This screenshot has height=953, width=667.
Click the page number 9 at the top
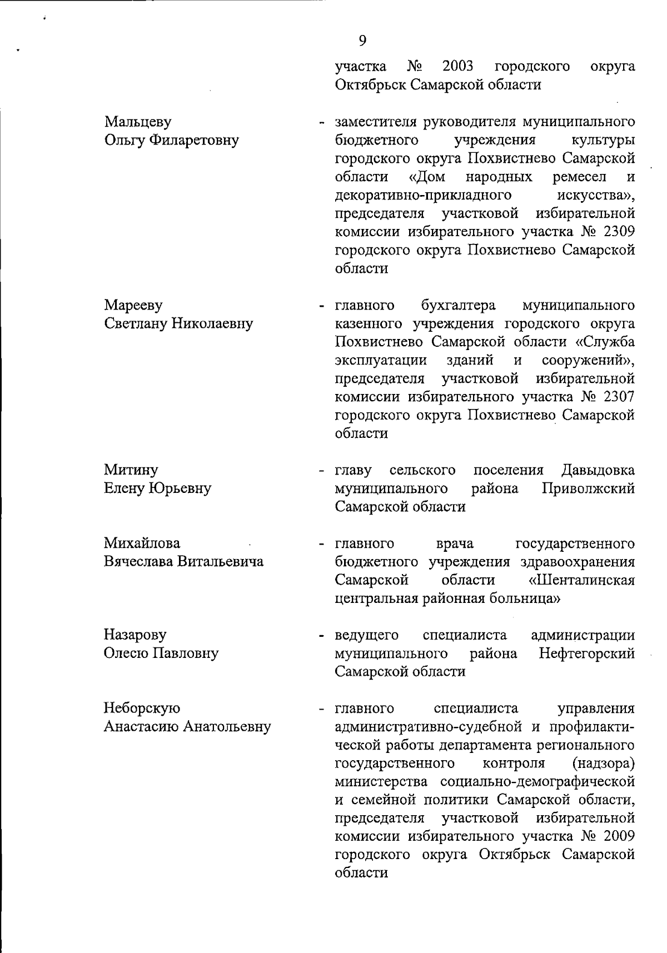pyautogui.click(x=362, y=40)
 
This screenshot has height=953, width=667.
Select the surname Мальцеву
pyautogui.click(x=138, y=122)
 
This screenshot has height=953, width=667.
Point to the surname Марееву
pyautogui.click(x=133, y=305)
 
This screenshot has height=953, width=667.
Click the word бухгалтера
pyautogui.click(x=459, y=305)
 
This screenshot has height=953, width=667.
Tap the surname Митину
pyautogui.click(x=131, y=470)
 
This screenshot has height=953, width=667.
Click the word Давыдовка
pyautogui.click(x=598, y=470)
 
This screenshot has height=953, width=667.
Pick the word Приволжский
pyautogui.click(x=588, y=488)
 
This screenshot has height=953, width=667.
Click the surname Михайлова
pyautogui.click(x=142, y=543)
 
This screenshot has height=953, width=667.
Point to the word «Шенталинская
pyautogui.click(x=583, y=580)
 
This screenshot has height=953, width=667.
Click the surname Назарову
pyautogui.click(x=135, y=635)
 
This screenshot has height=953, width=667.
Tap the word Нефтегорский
pyautogui.click(x=587, y=653)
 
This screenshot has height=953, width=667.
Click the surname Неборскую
pyautogui.click(x=142, y=708)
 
